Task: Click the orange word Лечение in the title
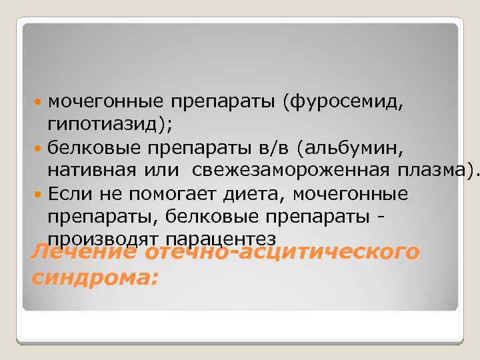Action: coord(83,253)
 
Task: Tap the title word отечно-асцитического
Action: coord(281,253)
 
